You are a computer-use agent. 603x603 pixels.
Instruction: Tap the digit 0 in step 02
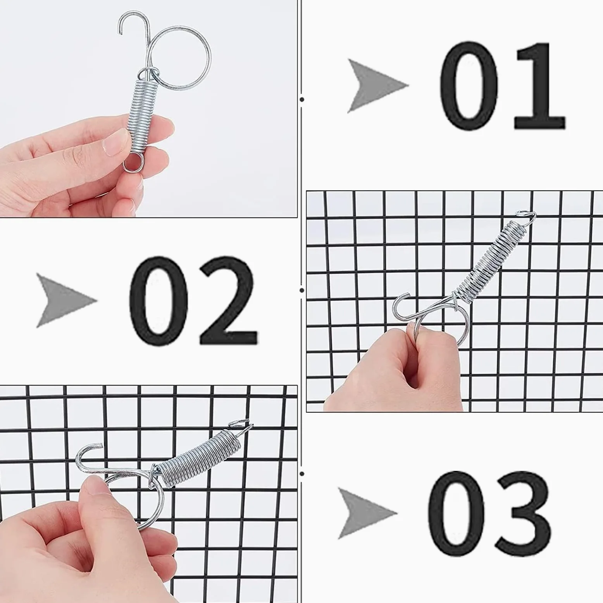159,300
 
